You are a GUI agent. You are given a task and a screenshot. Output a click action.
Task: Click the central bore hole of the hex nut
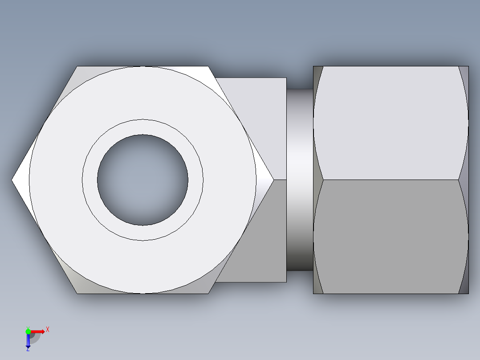coord(142,180)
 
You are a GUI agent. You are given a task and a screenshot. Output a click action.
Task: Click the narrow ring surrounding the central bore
coord(142,127)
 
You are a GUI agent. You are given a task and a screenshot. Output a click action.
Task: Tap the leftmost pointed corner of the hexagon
coord(12,180)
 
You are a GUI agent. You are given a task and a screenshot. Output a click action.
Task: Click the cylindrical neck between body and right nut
coord(300,180)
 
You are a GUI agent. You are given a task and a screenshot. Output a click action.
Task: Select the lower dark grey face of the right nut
coord(391,236)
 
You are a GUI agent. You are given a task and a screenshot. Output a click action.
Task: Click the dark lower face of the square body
coord(263,241)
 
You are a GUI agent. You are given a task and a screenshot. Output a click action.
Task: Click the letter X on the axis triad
coord(48,329)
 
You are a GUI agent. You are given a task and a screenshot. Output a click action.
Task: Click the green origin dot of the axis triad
coord(28,331)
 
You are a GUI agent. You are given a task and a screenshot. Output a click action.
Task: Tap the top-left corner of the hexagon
coord(77,67)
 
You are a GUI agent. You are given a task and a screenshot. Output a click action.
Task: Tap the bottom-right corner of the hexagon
coord(208,293)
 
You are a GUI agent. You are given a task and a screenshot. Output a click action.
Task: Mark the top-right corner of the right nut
coord(468,66)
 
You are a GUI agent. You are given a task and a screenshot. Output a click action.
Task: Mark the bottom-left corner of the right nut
coord(313,294)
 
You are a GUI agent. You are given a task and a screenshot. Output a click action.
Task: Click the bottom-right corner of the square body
coord(286,282)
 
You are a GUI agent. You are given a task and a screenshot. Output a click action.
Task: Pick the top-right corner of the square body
coord(286,78)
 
